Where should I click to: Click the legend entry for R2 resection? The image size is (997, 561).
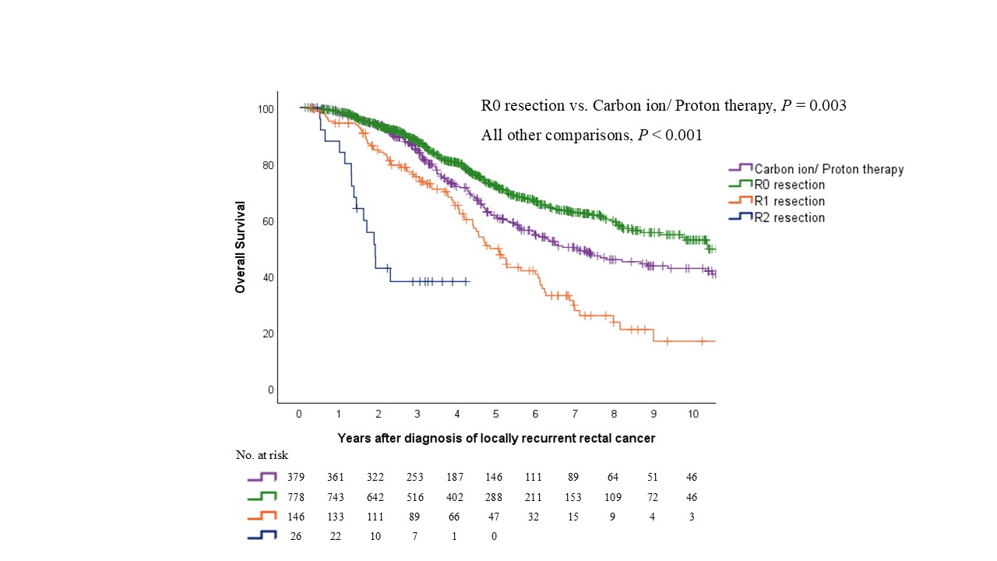click(789, 217)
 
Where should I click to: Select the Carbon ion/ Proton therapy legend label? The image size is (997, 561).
click(829, 168)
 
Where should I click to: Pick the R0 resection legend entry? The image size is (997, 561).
click(789, 185)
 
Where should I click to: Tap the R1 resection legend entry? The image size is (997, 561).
click(789, 201)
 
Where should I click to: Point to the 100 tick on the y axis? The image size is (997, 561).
click(266, 109)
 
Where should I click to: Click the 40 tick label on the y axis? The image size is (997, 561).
click(266, 277)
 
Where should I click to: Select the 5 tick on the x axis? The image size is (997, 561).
click(496, 413)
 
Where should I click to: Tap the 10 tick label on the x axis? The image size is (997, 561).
click(693, 413)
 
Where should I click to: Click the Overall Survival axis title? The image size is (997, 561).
click(241, 247)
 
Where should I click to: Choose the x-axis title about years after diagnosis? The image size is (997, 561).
click(496, 438)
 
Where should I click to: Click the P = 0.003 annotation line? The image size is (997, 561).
click(664, 105)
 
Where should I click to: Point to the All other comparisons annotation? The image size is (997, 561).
click(592, 135)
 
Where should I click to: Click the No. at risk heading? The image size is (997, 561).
click(262, 455)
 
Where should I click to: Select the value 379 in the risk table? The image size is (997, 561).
click(299, 477)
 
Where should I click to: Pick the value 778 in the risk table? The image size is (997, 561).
click(299, 496)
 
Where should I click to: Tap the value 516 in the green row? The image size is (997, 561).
click(417, 496)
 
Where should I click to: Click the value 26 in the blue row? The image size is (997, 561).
click(299, 535)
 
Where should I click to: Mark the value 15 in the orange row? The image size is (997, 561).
click(575, 516)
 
